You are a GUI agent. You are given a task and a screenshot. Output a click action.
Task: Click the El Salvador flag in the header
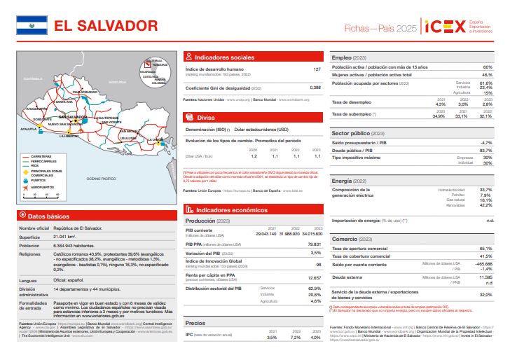pos(32,26)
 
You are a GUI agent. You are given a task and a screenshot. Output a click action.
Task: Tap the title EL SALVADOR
pos(106,26)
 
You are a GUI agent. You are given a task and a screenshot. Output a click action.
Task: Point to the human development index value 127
pos(317,69)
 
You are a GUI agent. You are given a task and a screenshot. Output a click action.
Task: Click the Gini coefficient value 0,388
pos(315,88)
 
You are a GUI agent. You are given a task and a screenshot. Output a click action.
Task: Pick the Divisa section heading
pos(206,118)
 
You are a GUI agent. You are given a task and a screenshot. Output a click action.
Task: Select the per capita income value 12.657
pos(314,277)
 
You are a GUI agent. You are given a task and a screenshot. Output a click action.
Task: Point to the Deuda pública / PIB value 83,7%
pos(485,151)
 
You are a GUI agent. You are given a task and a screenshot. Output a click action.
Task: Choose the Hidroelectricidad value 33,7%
pos(485,189)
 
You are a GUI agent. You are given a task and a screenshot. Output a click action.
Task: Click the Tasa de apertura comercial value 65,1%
pos(485,248)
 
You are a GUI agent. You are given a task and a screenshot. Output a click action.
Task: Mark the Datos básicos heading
pos(48,216)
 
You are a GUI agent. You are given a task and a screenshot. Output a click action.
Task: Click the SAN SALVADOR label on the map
pos(72,116)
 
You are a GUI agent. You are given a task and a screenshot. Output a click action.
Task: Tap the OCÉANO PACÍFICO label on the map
pos(101,179)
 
